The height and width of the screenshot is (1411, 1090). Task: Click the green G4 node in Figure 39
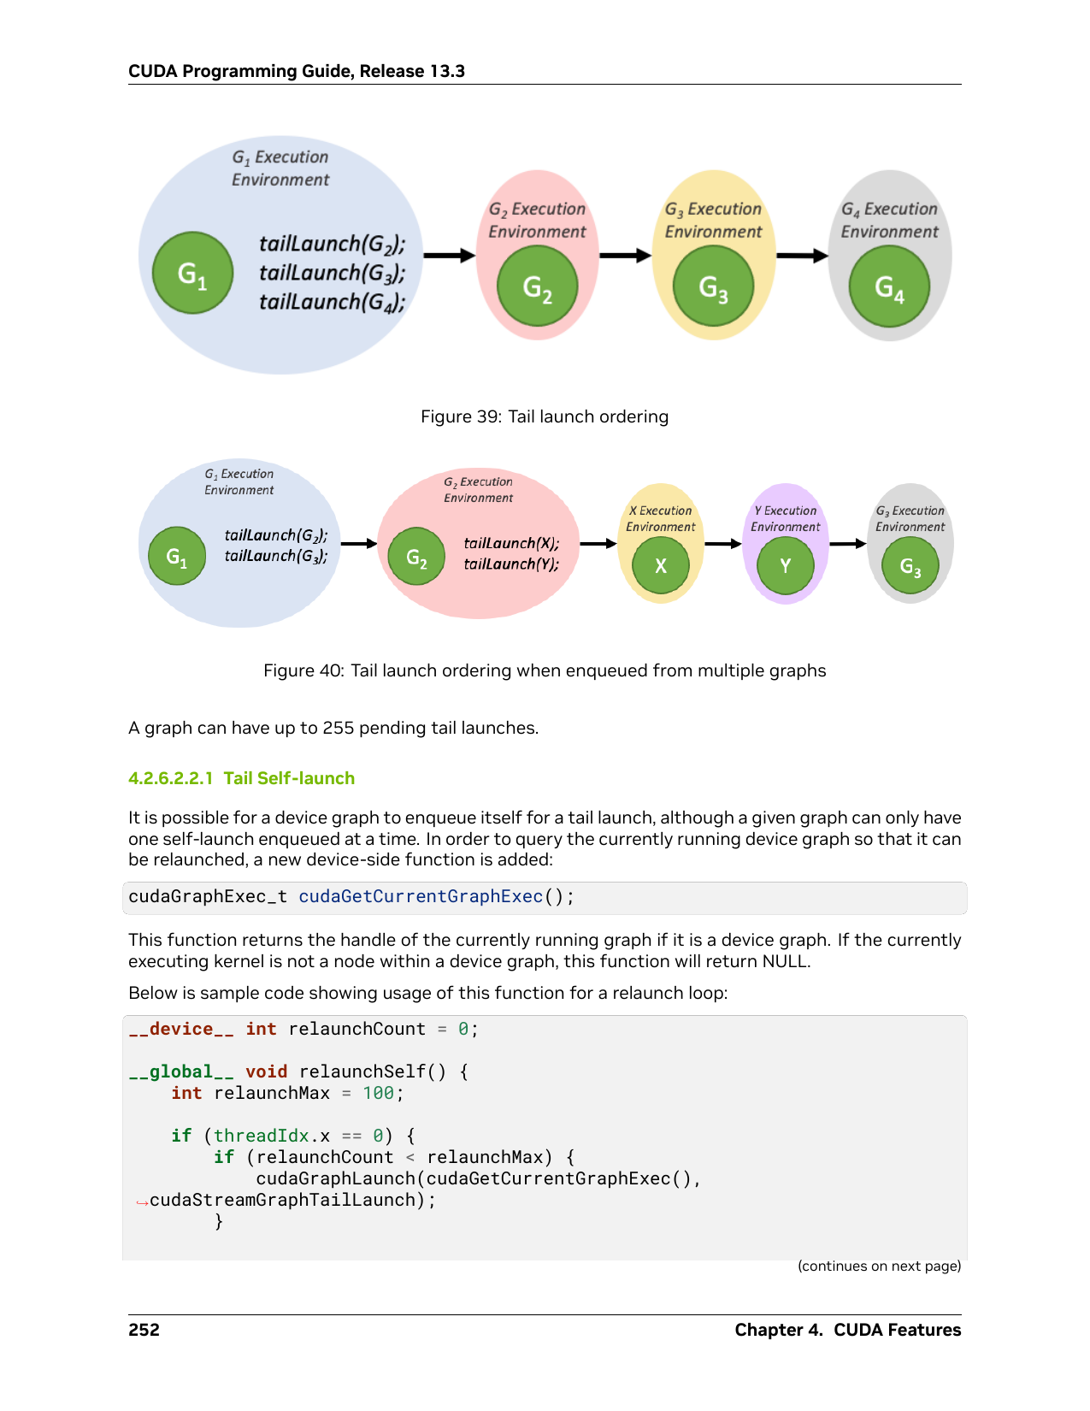(x=889, y=286)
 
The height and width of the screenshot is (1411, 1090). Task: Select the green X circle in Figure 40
(x=660, y=565)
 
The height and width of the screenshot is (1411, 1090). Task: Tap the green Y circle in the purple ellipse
(x=785, y=565)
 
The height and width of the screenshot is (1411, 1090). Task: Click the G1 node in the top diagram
(x=192, y=273)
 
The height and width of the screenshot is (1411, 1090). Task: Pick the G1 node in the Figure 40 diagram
(x=177, y=556)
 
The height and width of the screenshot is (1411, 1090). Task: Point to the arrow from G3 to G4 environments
(x=802, y=256)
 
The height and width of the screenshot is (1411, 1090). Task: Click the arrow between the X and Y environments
(x=722, y=544)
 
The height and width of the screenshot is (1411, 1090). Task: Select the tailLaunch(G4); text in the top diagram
(x=332, y=303)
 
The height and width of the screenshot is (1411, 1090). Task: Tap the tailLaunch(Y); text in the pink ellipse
(x=511, y=564)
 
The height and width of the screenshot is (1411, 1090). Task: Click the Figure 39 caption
(x=544, y=416)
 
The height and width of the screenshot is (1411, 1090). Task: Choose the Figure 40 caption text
(x=544, y=670)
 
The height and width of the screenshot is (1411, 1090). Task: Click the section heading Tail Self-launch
(x=289, y=778)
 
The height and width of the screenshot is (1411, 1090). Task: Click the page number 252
(x=144, y=1329)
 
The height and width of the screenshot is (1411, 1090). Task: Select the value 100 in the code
(x=378, y=1093)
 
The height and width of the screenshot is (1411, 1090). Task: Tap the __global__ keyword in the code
(x=181, y=1072)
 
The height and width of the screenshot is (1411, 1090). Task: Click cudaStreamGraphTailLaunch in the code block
(x=282, y=1199)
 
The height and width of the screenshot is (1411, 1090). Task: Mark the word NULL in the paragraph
(x=785, y=961)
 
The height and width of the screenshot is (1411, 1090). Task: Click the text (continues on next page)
(x=879, y=1266)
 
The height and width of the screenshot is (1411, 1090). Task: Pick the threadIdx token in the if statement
(x=261, y=1136)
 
